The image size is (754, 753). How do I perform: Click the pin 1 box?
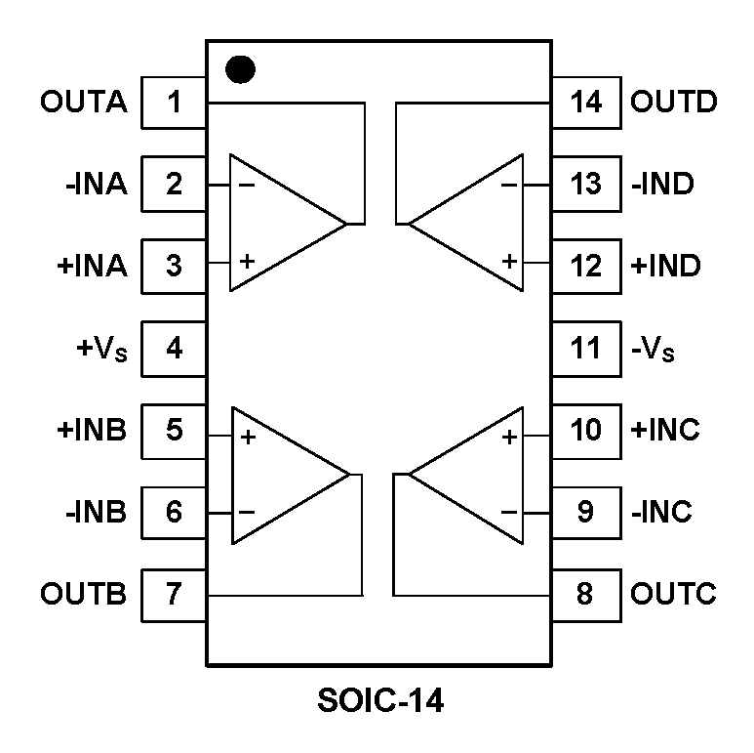[174, 102]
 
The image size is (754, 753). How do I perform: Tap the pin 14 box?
[585, 102]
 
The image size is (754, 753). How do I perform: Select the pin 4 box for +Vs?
[174, 348]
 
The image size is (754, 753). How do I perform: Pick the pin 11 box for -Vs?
[585, 348]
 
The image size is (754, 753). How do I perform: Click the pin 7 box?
[174, 594]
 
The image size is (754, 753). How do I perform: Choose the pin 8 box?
[585, 594]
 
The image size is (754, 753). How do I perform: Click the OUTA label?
[84, 102]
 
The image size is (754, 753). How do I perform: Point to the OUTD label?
[674, 102]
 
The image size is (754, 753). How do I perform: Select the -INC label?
[661, 512]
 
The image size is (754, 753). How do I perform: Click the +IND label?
[666, 266]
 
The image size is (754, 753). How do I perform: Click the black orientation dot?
[240, 69]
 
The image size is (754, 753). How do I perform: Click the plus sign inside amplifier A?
[247, 262]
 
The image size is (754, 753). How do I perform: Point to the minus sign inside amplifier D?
[508, 184]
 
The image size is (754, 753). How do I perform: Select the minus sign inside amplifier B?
[247, 512]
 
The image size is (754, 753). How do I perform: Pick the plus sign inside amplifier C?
[508, 436]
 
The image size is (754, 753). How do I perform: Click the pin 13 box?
[585, 184]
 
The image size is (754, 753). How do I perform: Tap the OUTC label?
[674, 594]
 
